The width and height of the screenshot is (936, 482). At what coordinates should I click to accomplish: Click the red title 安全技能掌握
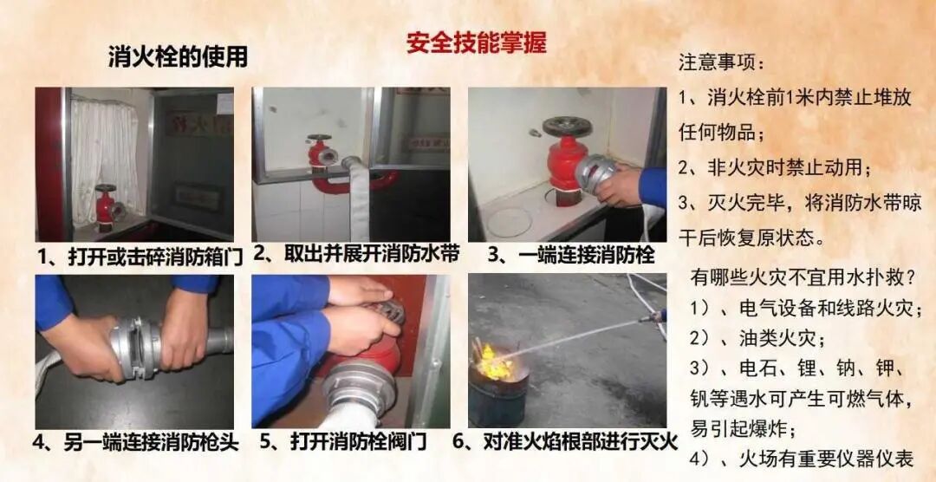point(477,42)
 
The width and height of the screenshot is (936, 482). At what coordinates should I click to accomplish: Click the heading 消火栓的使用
point(178,57)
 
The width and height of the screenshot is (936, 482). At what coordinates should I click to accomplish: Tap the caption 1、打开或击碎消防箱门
point(140,257)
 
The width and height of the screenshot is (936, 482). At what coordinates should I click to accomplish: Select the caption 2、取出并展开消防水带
point(356,254)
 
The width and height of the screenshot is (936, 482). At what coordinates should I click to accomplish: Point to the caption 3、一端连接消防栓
point(571,255)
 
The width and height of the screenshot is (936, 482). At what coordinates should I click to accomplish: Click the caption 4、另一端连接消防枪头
point(136,443)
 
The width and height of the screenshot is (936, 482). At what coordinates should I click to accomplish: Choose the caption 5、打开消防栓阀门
point(343,443)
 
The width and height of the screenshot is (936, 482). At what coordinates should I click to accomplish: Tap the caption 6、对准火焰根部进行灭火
point(565,442)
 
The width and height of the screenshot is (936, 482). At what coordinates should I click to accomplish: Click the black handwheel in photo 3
point(567,127)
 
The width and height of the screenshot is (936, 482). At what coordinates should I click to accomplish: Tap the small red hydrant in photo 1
point(107,206)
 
